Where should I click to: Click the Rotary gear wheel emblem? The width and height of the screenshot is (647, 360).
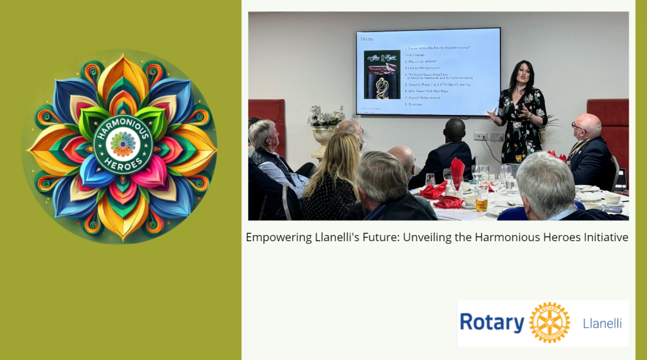(549, 323)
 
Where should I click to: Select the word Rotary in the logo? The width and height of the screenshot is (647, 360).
(492, 323)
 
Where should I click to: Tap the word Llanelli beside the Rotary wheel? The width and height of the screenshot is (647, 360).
(602, 323)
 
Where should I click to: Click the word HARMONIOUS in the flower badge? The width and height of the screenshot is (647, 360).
(123, 125)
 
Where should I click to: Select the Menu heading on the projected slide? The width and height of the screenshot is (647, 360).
(367, 39)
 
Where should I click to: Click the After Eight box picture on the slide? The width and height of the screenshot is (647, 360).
(382, 75)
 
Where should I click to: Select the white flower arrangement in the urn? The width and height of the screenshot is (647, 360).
(325, 117)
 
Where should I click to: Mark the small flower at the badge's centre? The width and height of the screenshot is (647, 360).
(123, 143)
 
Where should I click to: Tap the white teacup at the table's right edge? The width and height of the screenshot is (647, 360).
(612, 198)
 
